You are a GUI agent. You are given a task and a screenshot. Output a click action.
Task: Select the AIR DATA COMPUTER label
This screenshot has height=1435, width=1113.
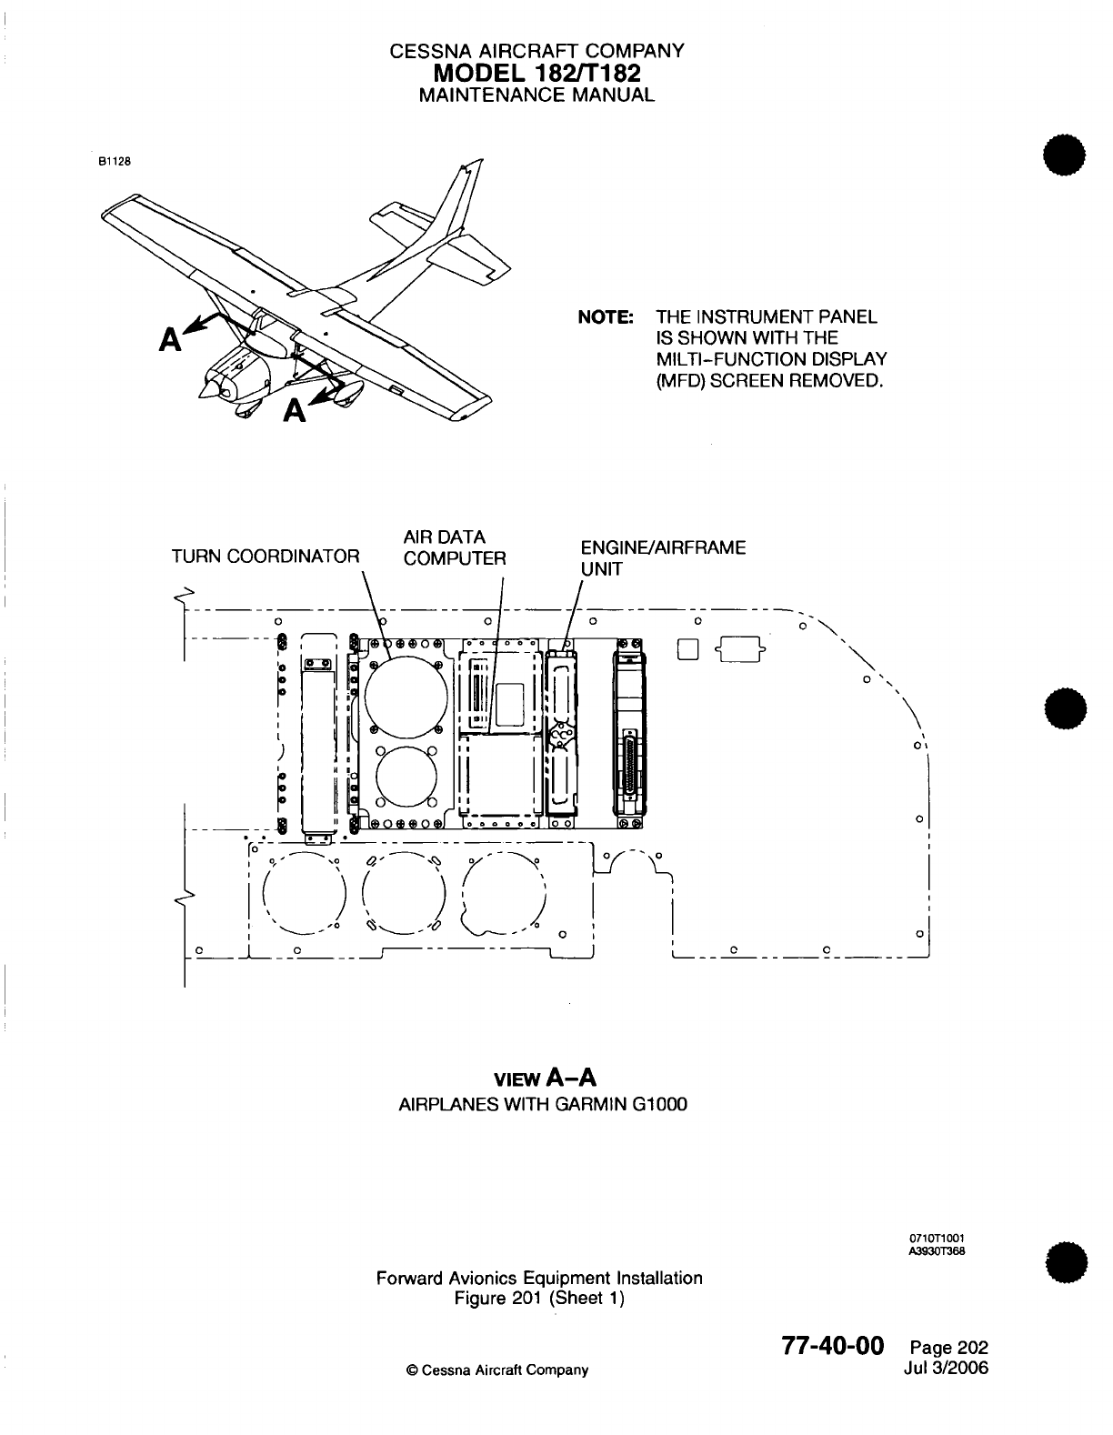tap(454, 547)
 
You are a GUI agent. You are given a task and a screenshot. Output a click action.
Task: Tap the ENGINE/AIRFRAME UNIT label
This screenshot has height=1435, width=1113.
tap(662, 557)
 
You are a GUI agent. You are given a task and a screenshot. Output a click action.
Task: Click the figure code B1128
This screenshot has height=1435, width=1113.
tap(115, 163)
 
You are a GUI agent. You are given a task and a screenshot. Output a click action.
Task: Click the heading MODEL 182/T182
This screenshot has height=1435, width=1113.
tap(536, 73)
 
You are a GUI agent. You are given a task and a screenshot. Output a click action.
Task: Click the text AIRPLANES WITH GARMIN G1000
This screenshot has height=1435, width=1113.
tap(543, 1105)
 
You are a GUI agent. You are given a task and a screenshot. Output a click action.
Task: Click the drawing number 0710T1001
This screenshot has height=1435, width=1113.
tap(937, 1238)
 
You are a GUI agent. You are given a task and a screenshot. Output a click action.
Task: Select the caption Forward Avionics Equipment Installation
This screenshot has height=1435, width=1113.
tap(539, 1278)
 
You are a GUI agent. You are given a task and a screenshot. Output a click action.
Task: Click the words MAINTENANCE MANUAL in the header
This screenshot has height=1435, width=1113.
tap(536, 95)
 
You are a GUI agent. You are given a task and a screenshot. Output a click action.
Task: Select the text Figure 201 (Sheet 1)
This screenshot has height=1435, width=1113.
tap(539, 1298)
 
